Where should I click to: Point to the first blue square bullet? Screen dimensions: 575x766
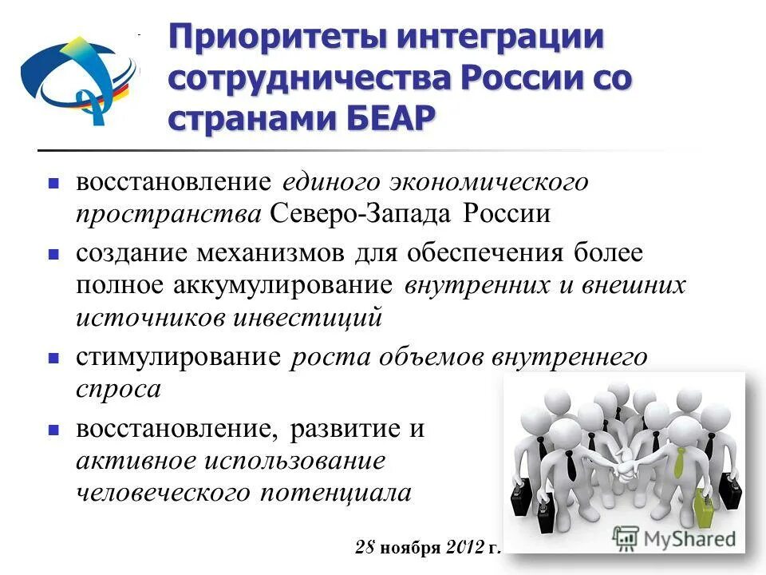click(x=53, y=183)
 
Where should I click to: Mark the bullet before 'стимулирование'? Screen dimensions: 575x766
click(x=53, y=357)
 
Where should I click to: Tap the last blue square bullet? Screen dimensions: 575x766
click(x=53, y=430)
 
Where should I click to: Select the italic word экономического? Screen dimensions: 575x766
click(x=488, y=183)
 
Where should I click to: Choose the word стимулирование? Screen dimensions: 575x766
click(x=179, y=357)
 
